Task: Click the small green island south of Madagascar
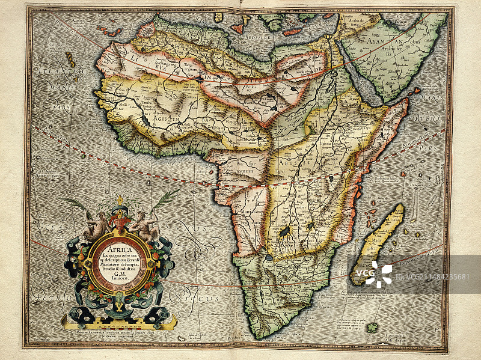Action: (373, 327)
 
